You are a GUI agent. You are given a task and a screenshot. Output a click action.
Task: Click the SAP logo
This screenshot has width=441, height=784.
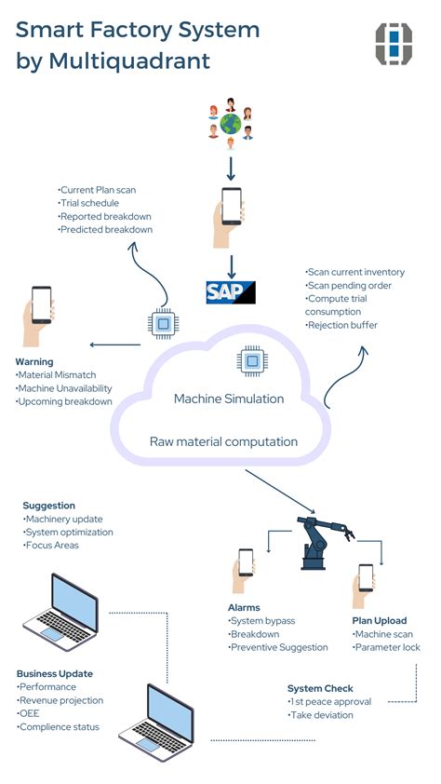(x=230, y=291)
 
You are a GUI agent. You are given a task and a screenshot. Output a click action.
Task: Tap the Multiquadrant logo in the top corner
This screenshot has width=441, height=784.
(x=394, y=45)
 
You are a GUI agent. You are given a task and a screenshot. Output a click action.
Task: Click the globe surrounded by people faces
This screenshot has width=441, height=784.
(x=229, y=123)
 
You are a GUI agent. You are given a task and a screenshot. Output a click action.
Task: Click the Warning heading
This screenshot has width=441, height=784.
(x=34, y=361)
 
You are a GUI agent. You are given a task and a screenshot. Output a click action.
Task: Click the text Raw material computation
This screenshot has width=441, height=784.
(x=223, y=440)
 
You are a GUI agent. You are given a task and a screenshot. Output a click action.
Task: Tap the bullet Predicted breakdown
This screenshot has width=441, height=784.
(x=105, y=229)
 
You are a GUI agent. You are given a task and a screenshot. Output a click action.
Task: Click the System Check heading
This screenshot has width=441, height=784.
(x=319, y=688)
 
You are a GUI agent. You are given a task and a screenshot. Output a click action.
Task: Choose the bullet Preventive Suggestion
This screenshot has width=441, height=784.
(x=279, y=647)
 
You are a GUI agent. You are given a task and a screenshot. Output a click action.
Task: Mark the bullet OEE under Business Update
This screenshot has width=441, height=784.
(x=31, y=713)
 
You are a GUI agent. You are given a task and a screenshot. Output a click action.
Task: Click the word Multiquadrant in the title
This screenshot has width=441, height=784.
(x=143, y=62)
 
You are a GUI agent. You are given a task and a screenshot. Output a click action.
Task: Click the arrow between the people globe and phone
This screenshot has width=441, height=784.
(x=229, y=165)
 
